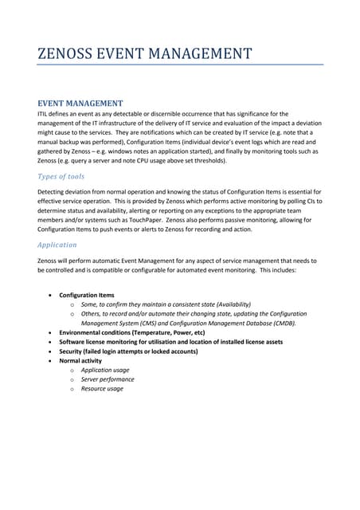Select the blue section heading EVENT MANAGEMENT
click(80, 104)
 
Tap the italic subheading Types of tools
click(61, 176)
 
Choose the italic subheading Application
click(57, 245)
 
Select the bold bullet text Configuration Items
click(86, 295)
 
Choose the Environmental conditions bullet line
click(131, 332)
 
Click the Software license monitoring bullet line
click(170, 342)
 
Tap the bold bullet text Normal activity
click(80, 361)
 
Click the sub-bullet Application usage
click(105, 370)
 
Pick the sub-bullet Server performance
click(106, 379)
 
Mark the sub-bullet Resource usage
click(102, 389)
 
